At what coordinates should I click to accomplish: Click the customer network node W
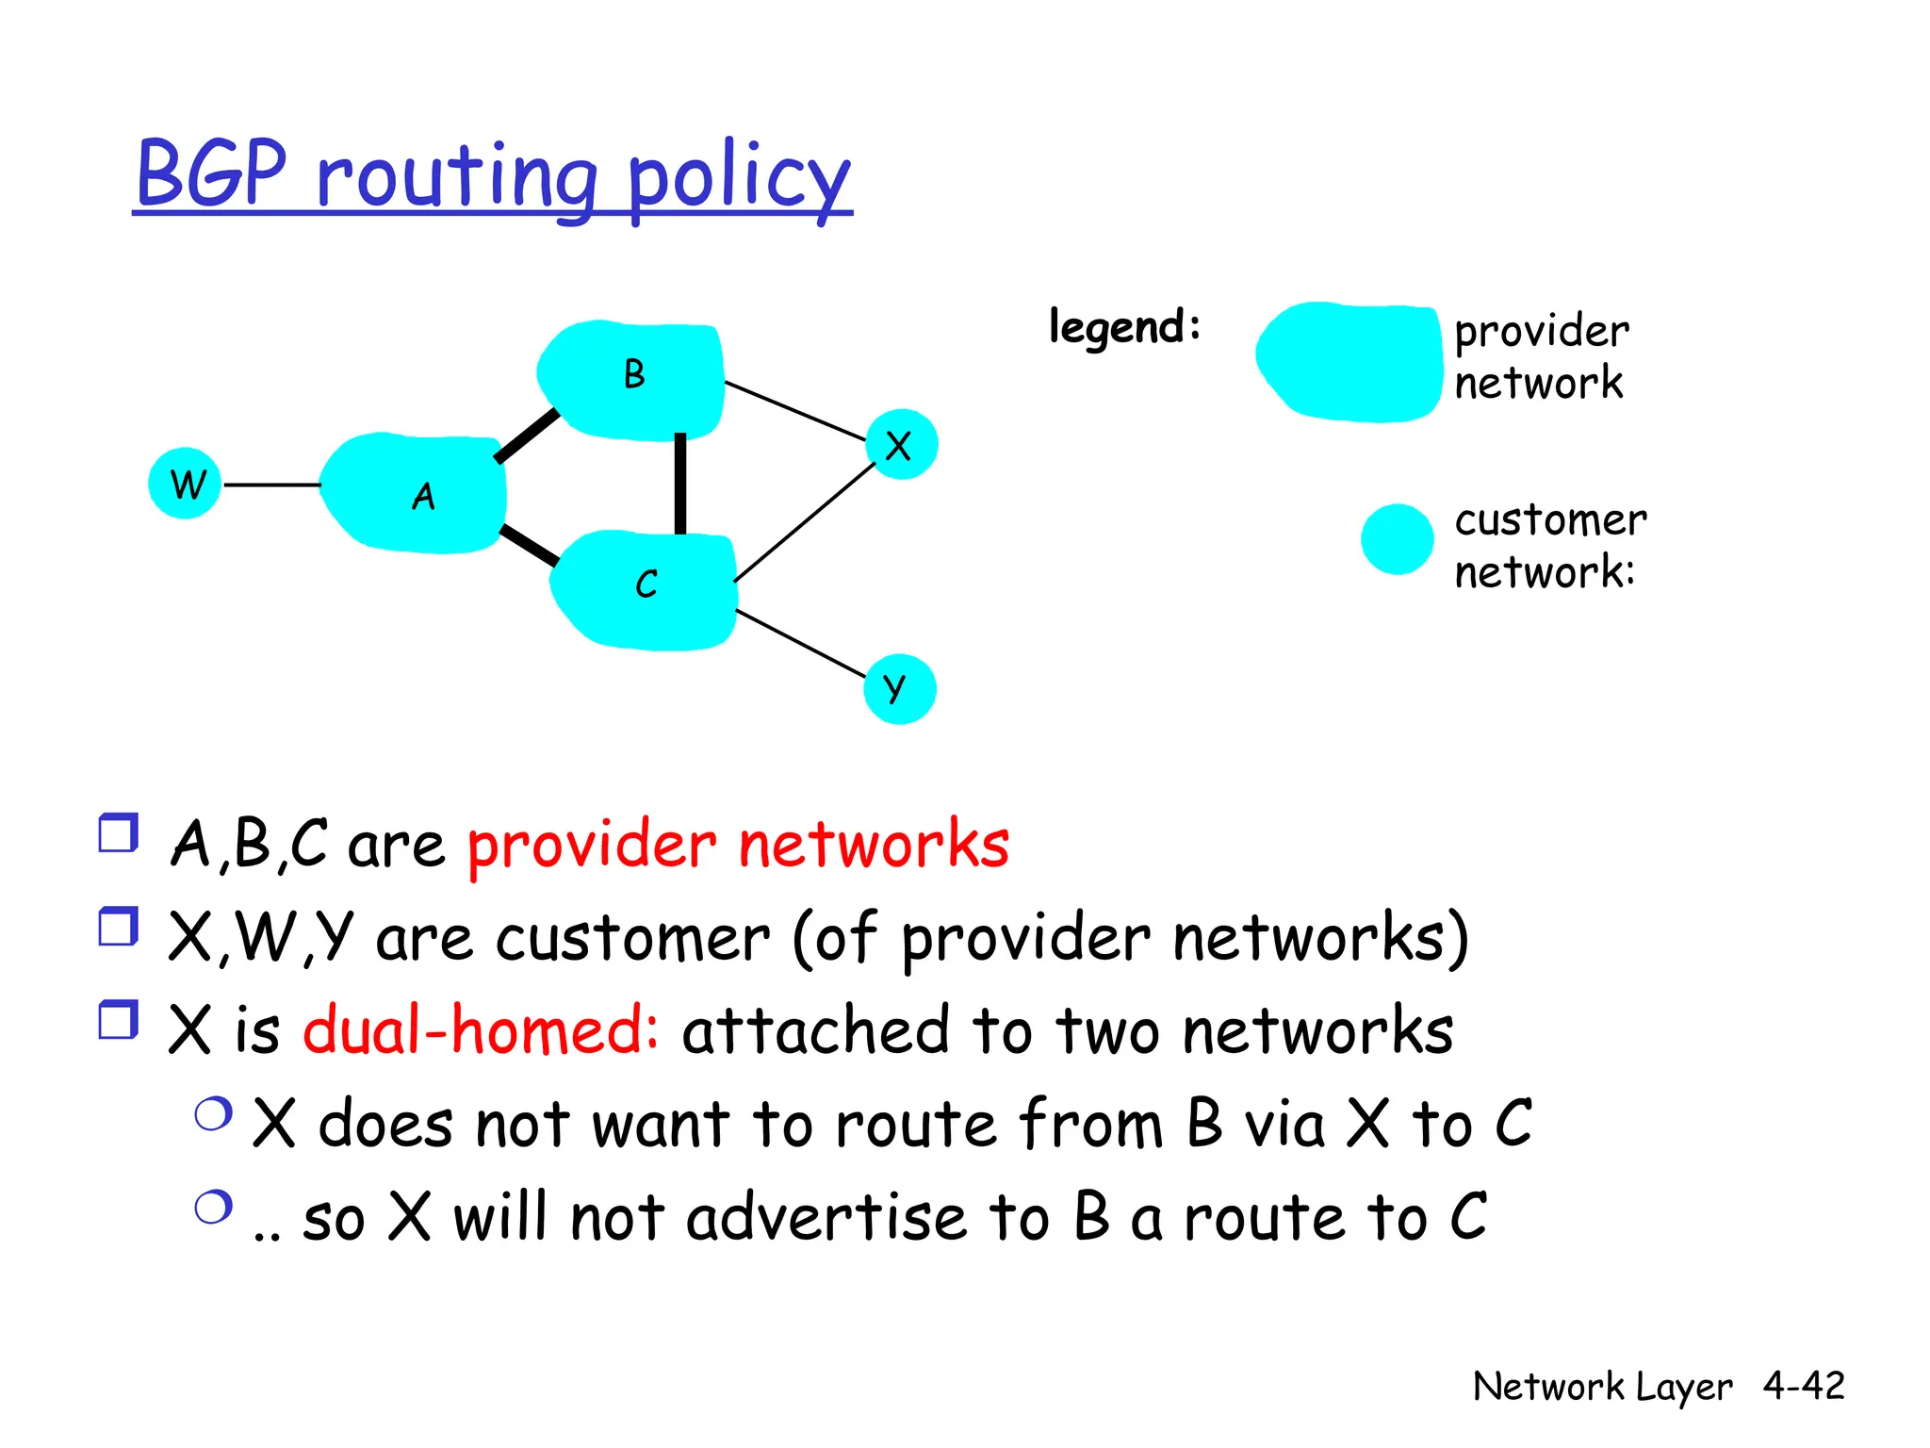click(x=185, y=485)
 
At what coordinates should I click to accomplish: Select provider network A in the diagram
click(x=415, y=493)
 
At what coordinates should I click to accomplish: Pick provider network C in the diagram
click(x=644, y=589)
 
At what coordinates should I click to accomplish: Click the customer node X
click(x=901, y=445)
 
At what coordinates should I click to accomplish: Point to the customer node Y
click(x=899, y=689)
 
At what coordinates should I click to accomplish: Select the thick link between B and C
click(x=680, y=484)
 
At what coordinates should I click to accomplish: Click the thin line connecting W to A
click(x=271, y=485)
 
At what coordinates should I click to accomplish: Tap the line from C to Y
click(x=800, y=644)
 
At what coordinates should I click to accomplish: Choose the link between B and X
click(x=794, y=410)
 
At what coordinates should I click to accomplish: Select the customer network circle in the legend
click(x=1397, y=539)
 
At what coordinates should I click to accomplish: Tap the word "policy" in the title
click(x=738, y=178)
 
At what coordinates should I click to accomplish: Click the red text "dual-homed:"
click(x=481, y=1029)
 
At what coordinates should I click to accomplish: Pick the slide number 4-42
click(x=1804, y=1386)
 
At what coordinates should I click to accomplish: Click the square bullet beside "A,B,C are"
click(x=119, y=833)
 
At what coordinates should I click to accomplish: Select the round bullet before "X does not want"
click(x=214, y=1114)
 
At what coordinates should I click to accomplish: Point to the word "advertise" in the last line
click(x=826, y=1217)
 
